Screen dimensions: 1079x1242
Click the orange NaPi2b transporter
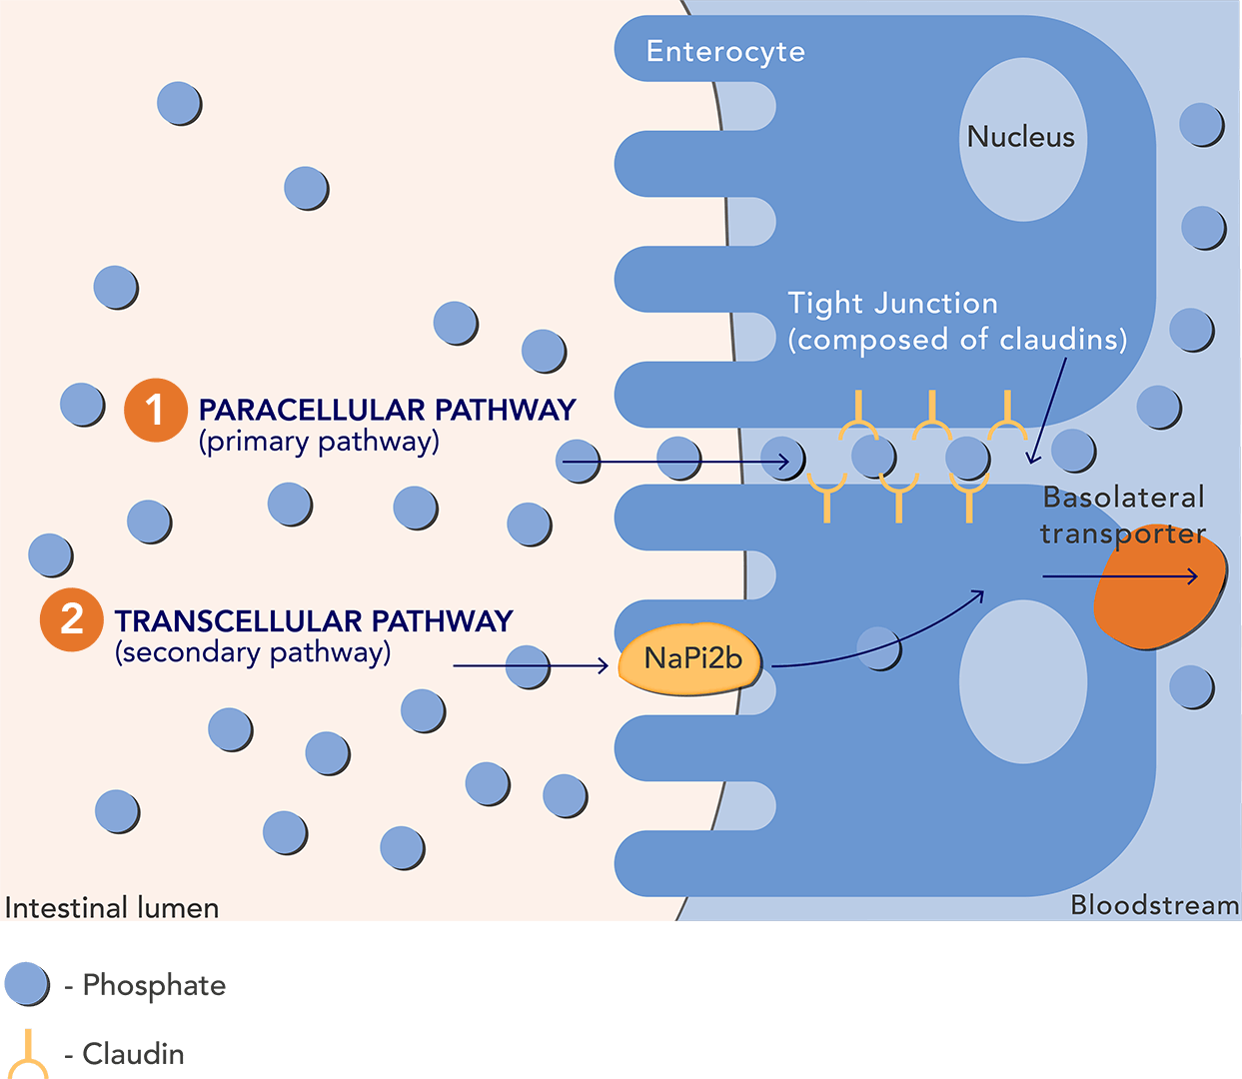[x=690, y=659]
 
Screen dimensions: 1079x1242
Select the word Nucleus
[x=1020, y=137]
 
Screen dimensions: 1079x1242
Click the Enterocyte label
[x=725, y=51]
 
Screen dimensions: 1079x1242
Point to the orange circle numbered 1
[x=155, y=410]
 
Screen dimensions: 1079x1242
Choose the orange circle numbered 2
[x=71, y=619]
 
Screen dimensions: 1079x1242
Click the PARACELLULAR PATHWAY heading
[x=387, y=410]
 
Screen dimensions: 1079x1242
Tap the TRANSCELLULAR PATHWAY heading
[x=314, y=621]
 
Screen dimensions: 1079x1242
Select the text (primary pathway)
[x=319, y=442]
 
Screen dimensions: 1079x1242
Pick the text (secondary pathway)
[x=253, y=652]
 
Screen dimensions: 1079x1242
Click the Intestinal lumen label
[x=112, y=907]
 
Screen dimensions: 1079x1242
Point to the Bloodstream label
[x=1154, y=905]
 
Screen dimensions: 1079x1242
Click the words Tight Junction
[x=892, y=303]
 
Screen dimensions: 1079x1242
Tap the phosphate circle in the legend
[x=26, y=984]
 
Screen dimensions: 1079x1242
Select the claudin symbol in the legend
[x=28, y=1054]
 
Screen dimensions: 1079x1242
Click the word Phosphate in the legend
[x=154, y=985]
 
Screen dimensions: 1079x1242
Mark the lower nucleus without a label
[x=1022, y=681]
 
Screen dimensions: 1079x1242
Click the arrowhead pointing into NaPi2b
[x=603, y=665]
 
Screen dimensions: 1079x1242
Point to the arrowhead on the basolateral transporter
[x=1191, y=576]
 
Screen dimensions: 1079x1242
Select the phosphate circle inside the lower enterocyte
[x=878, y=647]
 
